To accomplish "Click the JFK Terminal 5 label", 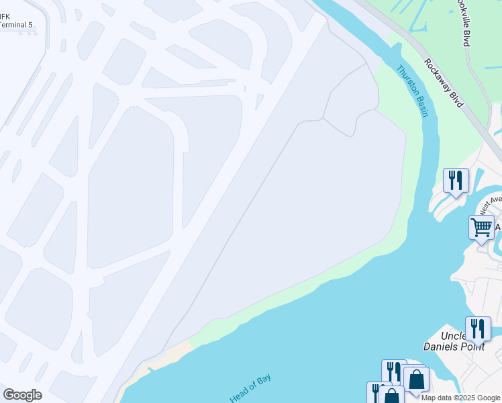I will point(15,20).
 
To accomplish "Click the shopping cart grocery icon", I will point(481,227).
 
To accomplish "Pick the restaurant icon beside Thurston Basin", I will point(456,180).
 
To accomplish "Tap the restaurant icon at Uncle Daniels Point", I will point(478,328).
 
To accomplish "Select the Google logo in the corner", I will point(22,395).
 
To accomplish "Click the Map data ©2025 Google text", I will point(460,398).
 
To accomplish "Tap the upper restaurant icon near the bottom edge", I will point(394,371).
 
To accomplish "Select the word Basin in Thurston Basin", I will point(419,105).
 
